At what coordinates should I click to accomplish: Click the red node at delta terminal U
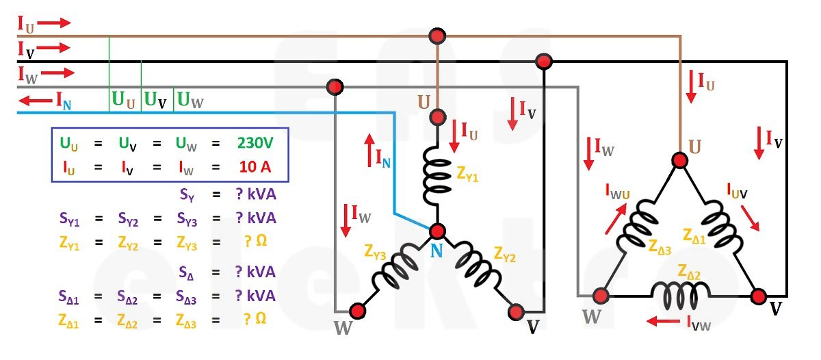point(679,160)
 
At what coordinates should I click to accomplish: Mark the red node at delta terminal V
point(758,296)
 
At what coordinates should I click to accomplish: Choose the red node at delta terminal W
point(601,296)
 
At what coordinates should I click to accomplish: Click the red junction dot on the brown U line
point(437,35)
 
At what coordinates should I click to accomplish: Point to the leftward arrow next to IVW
point(663,320)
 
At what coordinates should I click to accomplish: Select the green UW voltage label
point(190,102)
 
